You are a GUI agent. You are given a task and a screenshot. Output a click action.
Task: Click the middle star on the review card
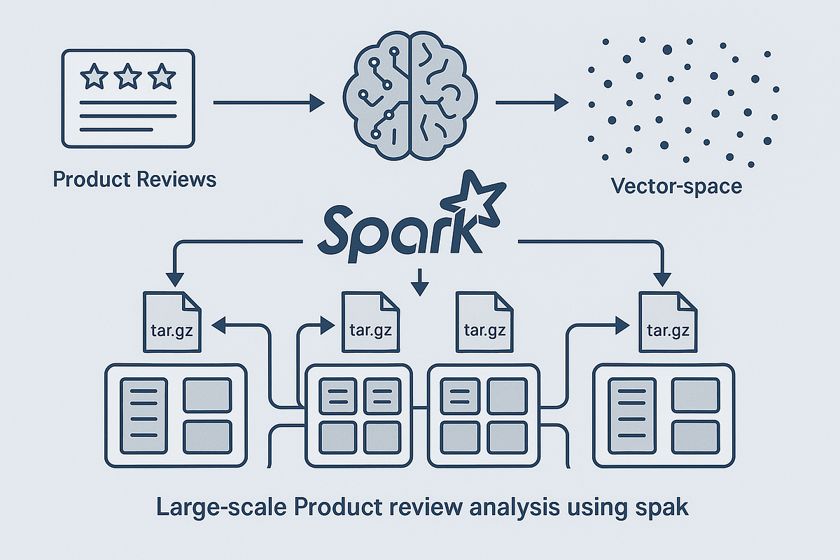pyautogui.click(x=127, y=76)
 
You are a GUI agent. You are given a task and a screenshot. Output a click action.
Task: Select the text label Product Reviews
pyautogui.click(x=134, y=179)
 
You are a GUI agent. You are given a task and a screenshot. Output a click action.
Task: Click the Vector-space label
pyautogui.click(x=676, y=186)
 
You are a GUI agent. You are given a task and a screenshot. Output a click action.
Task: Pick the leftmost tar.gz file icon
pyautogui.click(x=172, y=321)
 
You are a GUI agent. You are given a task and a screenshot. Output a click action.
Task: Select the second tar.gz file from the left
pyautogui.click(x=369, y=321)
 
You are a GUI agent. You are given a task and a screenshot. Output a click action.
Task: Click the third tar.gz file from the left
pyautogui.click(x=485, y=321)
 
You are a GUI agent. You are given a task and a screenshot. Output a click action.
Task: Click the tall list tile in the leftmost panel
pyautogui.click(x=143, y=415)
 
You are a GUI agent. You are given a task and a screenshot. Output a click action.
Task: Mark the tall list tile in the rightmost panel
pyautogui.click(x=632, y=415)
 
